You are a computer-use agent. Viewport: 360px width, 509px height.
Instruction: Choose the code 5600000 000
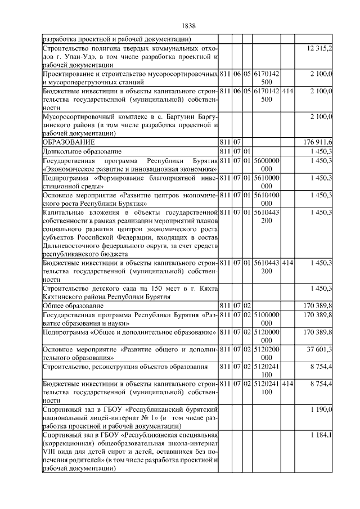coord(267,164)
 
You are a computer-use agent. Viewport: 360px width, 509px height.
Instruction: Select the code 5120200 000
coord(267,353)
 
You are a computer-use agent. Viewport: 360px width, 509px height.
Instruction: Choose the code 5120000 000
coord(267,336)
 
